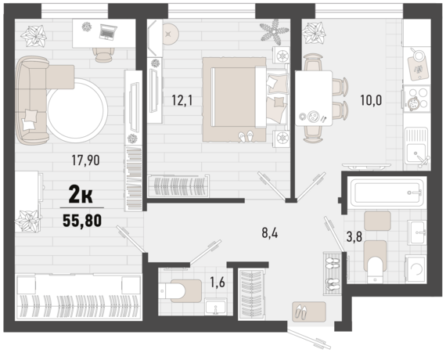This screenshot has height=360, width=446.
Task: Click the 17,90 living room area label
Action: point(85,160)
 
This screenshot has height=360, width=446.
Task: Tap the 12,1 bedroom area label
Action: point(182,100)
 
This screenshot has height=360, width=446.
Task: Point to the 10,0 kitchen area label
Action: point(371,100)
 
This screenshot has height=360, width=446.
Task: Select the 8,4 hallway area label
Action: point(270,233)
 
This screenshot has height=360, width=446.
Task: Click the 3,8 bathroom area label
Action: point(354,236)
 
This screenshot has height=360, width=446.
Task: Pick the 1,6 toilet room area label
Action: point(218,282)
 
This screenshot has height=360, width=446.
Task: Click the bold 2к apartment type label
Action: point(81,194)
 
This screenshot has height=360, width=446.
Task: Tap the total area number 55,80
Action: point(82,221)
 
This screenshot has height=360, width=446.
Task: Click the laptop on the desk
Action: point(108,31)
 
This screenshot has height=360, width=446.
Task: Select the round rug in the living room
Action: point(77,110)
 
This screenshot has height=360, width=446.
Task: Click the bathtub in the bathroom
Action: point(387,192)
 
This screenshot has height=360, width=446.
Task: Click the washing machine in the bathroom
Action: point(415,269)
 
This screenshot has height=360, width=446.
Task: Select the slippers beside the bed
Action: point(246,136)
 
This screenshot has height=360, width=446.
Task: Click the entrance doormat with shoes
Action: point(309,311)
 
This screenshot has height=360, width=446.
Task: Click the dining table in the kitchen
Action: point(314,98)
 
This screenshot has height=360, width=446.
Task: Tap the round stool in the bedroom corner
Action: point(171,34)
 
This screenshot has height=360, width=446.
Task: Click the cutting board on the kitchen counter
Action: point(418,68)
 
